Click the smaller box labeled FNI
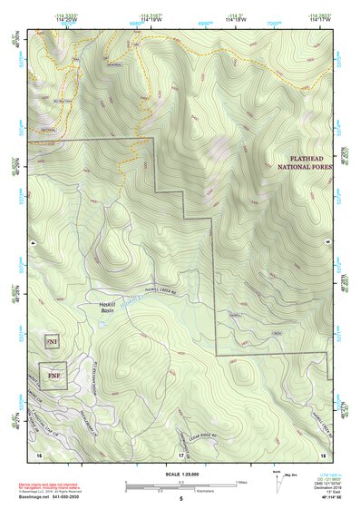coord(52,342)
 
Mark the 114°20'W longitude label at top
coord(71,19)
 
